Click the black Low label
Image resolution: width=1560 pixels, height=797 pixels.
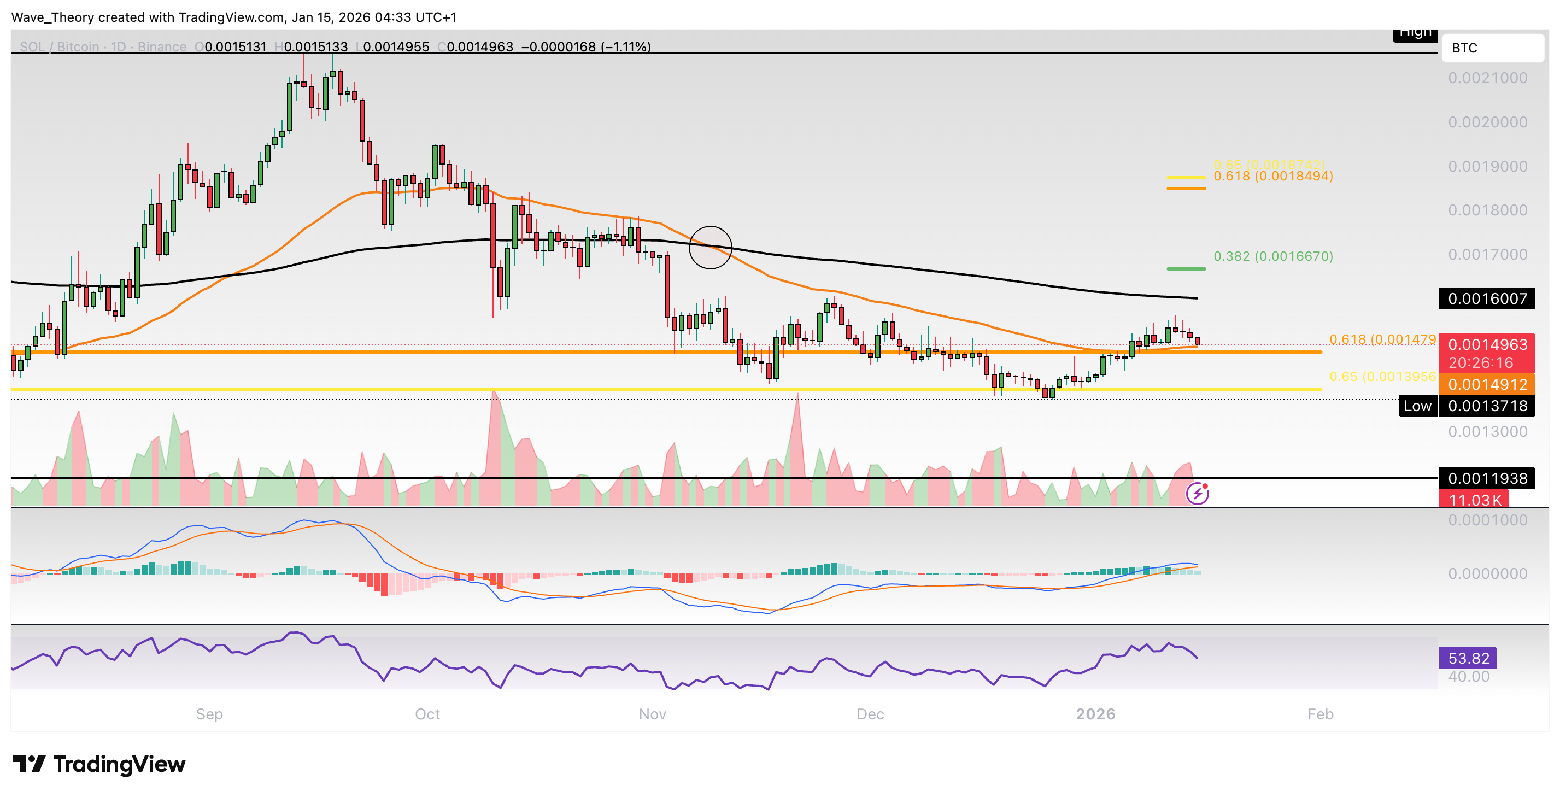click(1417, 406)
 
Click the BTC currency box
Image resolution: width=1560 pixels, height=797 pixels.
click(1492, 48)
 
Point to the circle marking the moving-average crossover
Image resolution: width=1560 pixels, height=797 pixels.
click(711, 247)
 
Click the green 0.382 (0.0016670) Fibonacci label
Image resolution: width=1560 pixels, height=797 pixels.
click(1273, 256)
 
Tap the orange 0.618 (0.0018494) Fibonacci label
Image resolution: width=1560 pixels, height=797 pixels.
click(1273, 176)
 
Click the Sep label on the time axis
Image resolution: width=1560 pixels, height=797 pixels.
click(209, 714)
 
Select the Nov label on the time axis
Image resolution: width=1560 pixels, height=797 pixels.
click(652, 714)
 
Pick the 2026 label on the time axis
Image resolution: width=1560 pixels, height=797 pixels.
click(1095, 714)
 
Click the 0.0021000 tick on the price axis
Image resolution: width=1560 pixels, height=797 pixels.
click(1487, 78)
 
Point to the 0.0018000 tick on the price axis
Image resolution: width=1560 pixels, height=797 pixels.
click(1487, 210)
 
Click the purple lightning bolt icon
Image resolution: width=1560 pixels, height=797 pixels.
click(1197, 494)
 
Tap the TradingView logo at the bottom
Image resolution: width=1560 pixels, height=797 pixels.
click(99, 764)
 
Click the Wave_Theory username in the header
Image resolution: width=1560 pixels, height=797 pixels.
click(51, 17)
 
